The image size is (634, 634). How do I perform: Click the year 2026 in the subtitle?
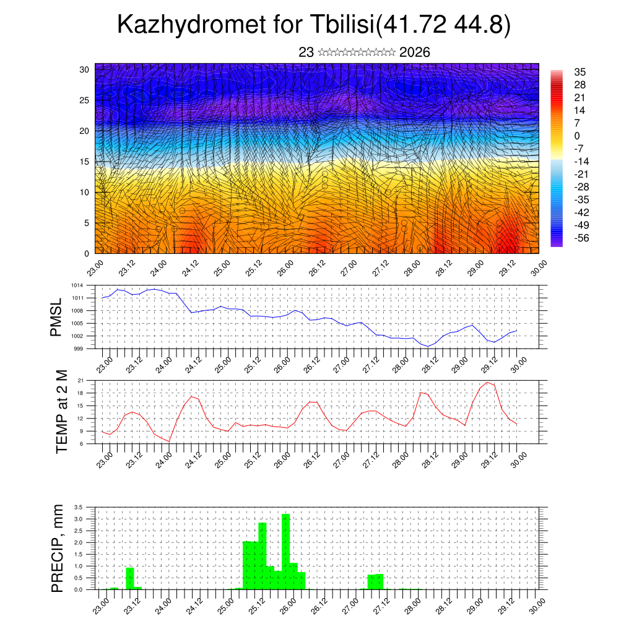(x=415, y=53)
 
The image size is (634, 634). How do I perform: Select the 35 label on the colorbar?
(x=580, y=72)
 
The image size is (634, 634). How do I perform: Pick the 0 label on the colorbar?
(x=577, y=136)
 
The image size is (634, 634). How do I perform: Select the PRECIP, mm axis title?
(x=58, y=548)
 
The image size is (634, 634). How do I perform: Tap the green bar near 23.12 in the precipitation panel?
(x=130, y=578)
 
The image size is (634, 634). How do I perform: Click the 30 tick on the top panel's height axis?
(x=85, y=69)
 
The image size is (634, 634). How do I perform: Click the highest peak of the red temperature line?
(x=488, y=382)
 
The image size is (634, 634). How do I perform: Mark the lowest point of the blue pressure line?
(x=428, y=346)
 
